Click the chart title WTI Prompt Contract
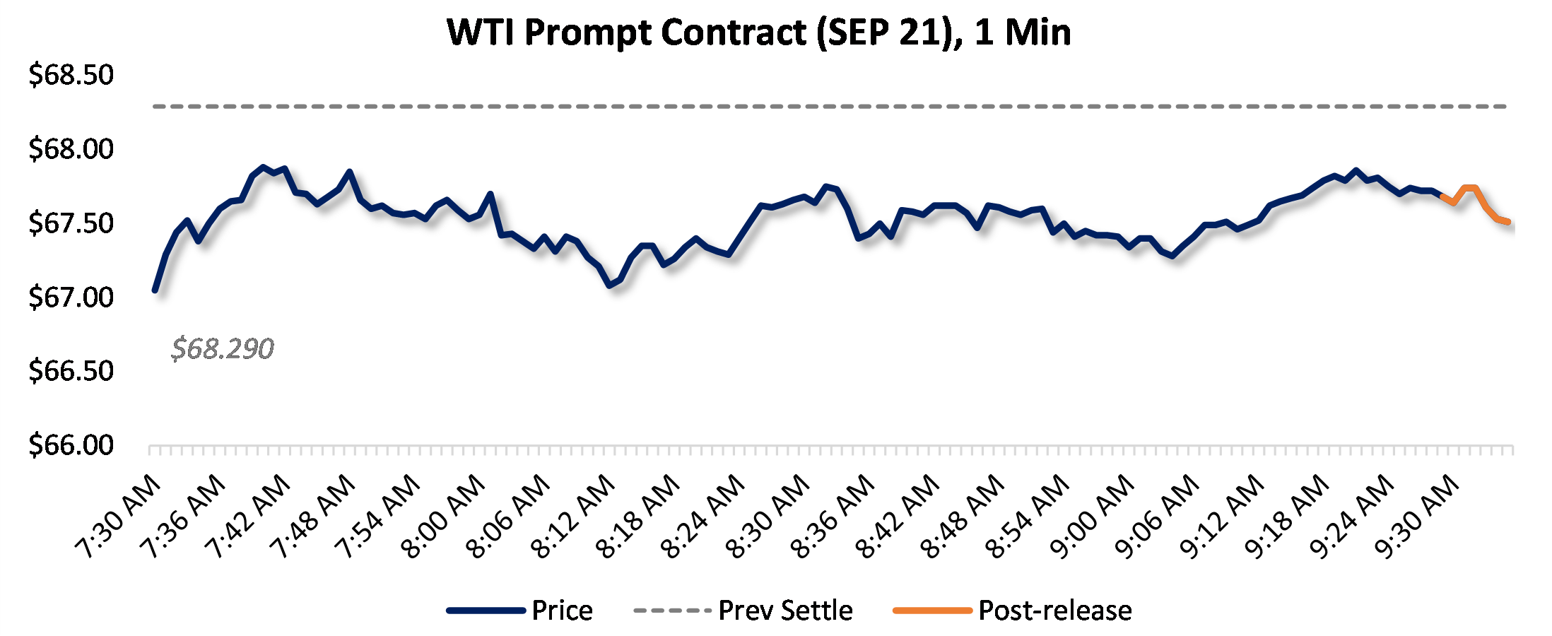(758, 33)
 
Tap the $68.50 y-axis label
(71, 75)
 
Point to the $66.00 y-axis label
(71, 445)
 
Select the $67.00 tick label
(71, 297)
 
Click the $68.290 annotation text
(222, 348)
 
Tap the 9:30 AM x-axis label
(1417, 517)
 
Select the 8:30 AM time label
(768, 517)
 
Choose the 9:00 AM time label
(1093, 517)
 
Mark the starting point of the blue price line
(155, 290)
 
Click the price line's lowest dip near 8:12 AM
(609, 285)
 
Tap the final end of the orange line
(1508, 222)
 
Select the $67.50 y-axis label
(71, 223)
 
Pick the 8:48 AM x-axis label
(963, 517)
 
